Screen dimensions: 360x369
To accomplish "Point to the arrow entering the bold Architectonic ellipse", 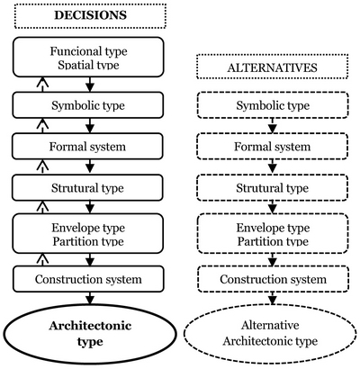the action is tap(90, 298).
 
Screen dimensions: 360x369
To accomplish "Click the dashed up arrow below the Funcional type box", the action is tap(42, 85).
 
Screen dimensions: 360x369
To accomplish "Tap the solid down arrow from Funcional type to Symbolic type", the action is tap(90, 85).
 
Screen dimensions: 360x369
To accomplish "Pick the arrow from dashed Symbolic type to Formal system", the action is tap(272, 126).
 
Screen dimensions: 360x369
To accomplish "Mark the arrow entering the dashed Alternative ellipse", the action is tap(272, 298).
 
